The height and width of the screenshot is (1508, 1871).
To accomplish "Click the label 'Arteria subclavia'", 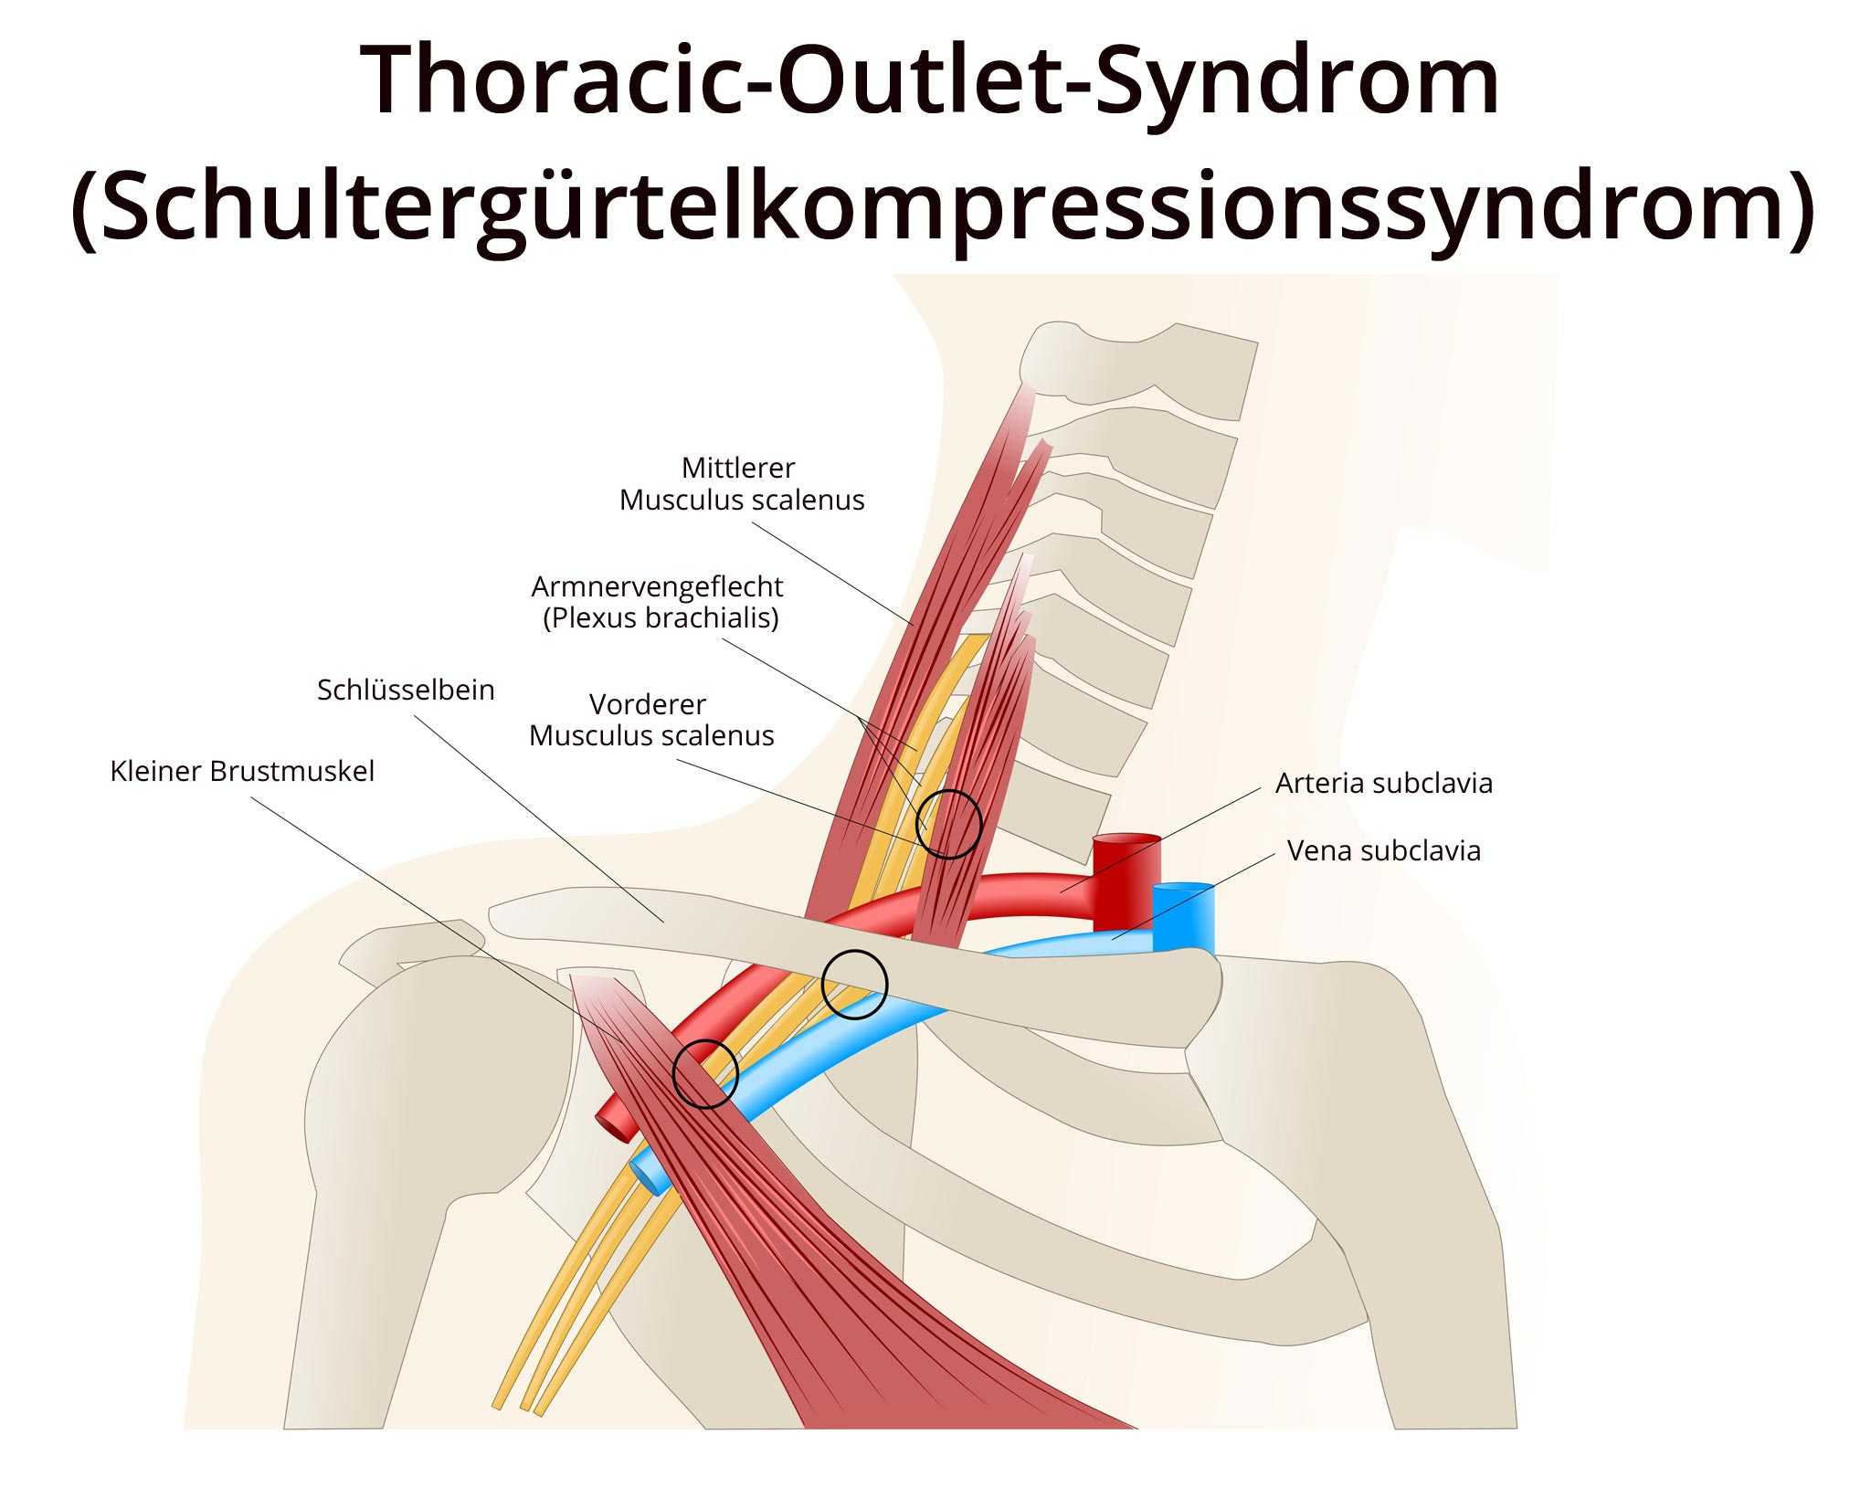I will [x=1383, y=783].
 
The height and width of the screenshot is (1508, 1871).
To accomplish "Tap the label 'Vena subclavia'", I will [x=1383, y=850].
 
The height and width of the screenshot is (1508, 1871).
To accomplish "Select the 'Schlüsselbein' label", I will [x=406, y=690].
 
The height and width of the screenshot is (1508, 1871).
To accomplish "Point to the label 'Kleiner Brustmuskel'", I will [x=242, y=771].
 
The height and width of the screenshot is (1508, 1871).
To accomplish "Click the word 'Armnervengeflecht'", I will [x=657, y=585].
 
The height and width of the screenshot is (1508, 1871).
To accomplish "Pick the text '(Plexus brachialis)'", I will [x=661, y=617].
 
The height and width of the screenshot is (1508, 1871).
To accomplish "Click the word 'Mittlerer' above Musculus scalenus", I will [x=738, y=468].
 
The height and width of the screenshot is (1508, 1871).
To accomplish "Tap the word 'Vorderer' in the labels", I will [x=647, y=704].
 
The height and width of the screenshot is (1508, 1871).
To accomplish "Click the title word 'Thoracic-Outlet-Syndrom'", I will [x=930, y=80].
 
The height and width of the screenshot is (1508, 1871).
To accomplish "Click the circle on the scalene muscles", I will [x=948, y=823].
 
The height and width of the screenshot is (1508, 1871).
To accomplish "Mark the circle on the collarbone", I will [x=854, y=984].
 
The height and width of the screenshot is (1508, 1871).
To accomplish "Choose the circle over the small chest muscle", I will [x=705, y=1073].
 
